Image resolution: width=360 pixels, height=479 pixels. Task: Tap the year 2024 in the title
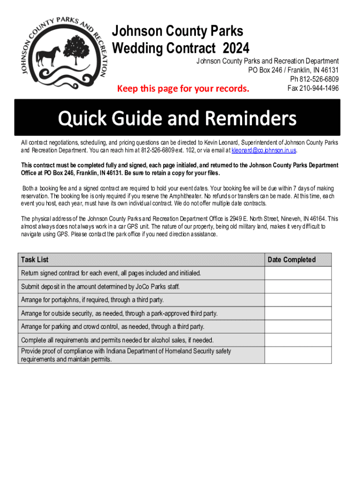point(236,48)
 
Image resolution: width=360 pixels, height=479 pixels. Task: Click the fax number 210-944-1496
point(313,88)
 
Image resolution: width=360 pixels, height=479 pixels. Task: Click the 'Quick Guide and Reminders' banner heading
point(177,118)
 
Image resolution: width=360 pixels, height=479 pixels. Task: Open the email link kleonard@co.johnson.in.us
point(264,151)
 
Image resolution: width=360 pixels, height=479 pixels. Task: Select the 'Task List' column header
point(35,260)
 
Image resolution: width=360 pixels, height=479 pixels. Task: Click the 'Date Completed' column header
point(292,260)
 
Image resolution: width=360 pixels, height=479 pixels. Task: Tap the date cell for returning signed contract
point(298,273)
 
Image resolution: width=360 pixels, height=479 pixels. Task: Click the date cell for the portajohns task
point(298,300)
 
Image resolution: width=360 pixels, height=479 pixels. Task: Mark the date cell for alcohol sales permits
point(298,340)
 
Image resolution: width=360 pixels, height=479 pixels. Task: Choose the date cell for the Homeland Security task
point(298,355)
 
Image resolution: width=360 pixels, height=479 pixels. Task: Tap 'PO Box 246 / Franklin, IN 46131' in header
point(294,70)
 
